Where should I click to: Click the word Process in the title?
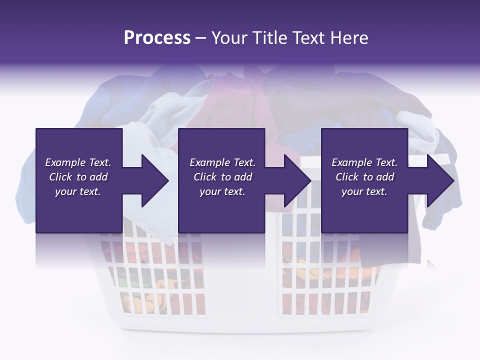157,37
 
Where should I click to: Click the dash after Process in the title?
200,38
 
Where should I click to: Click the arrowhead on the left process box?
150,181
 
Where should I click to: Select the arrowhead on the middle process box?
293,181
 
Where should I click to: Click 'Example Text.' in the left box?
78,162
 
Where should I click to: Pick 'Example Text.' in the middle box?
222,162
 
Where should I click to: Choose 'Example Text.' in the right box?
364,162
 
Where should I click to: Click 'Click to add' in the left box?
78,177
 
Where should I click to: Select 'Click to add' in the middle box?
222,177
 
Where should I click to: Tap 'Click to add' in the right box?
364,177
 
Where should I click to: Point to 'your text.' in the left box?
78,191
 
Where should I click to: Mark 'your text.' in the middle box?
222,191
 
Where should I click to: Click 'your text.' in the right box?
364,191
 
